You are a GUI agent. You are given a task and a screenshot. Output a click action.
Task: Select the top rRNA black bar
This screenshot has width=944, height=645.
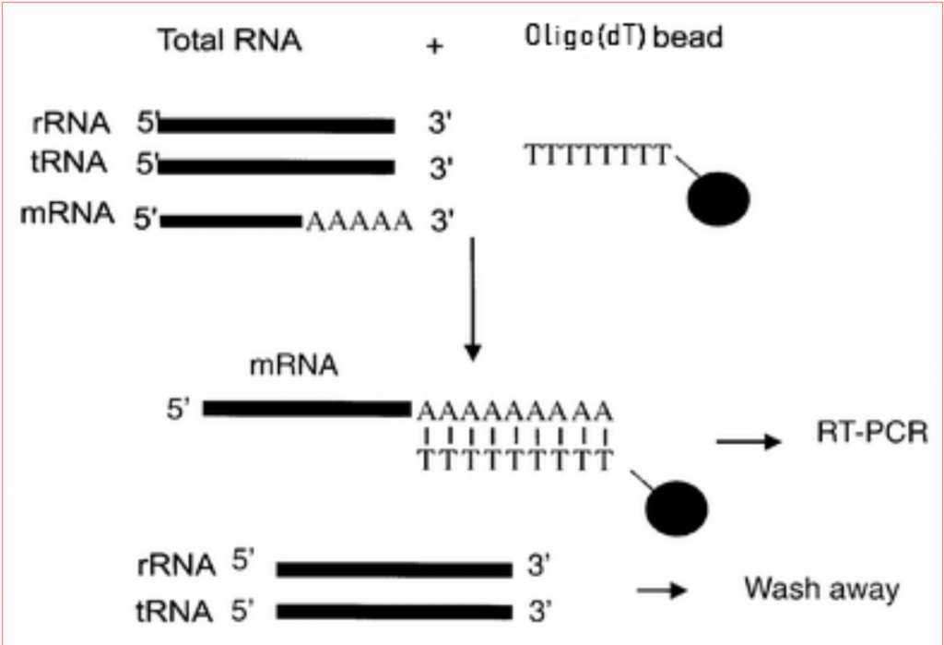277,125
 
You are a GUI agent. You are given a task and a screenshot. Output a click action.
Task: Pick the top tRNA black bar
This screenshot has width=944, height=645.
277,166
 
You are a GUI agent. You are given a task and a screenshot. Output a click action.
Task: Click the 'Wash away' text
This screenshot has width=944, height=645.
821,588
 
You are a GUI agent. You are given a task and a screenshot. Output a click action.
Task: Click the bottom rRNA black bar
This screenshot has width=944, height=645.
394,569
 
